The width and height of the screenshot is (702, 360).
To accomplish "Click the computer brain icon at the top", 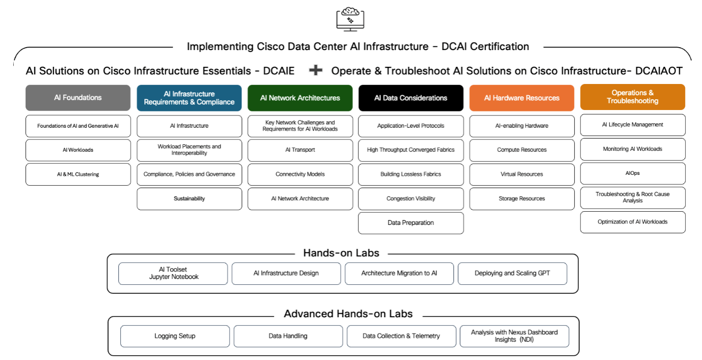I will coord(350,19).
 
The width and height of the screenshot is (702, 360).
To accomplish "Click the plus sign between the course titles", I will coord(315,71).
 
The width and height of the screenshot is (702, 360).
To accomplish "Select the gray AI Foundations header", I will coord(78,98).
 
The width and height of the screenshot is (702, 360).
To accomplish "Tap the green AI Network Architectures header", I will coord(300,98).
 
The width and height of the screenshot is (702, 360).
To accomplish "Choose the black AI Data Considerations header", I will coord(411,98).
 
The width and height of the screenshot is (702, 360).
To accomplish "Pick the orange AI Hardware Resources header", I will coord(522,98).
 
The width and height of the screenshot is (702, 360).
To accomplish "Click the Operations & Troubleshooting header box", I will coord(632,97).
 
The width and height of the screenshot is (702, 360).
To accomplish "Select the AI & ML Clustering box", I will coord(78,174).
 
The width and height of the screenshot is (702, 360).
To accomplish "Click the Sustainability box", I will coord(189,199).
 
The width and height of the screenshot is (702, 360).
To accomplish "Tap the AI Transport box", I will coord(300,150).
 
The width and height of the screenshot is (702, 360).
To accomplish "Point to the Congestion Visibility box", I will coord(411,199).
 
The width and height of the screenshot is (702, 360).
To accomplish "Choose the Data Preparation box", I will coord(411,223).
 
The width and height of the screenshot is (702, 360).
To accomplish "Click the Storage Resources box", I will coord(522,199).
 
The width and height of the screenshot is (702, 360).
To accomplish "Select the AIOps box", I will coord(632,173).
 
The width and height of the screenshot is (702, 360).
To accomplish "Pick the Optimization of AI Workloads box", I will coord(632,222).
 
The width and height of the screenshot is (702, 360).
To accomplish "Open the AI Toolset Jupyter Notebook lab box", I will coord(173,274).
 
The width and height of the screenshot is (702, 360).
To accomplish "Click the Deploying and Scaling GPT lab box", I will coord(512,274).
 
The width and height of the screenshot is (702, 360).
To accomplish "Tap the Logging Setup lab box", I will coord(175,336).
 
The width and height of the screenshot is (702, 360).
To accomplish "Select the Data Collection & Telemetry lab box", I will coord(401,336).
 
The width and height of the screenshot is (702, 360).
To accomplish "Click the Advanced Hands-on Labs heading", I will coord(348,314).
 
